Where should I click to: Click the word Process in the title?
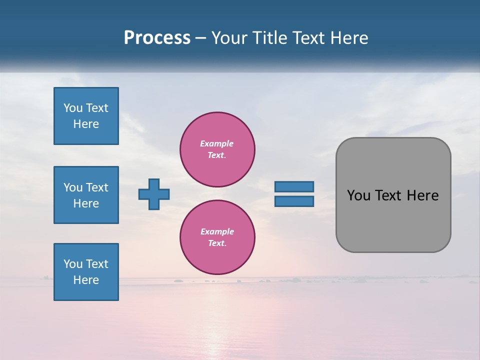pyautogui.click(x=157, y=38)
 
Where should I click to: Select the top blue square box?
pyautogui.click(x=86, y=116)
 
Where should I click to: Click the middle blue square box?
pyautogui.click(x=86, y=195)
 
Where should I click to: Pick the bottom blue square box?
pyautogui.click(x=86, y=272)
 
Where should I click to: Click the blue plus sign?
pyautogui.click(x=154, y=194)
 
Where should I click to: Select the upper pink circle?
pyautogui.click(x=217, y=149)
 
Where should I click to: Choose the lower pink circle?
pyautogui.click(x=217, y=237)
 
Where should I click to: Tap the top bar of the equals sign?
pyautogui.click(x=294, y=186)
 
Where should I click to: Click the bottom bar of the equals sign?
pyautogui.click(x=294, y=201)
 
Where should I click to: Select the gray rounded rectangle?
pyautogui.click(x=393, y=195)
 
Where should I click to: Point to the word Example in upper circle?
pyautogui.click(x=217, y=143)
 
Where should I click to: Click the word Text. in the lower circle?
pyautogui.click(x=217, y=243)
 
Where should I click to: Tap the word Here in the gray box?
pyautogui.click(x=422, y=195)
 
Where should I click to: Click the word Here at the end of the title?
pyautogui.click(x=350, y=38)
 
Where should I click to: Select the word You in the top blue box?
pyautogui.click(x=73, y=108)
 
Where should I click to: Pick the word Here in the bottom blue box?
pyautogui.click(x=86, y=280)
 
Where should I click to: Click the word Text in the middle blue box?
pyautogui.click(x=96, y=187)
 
